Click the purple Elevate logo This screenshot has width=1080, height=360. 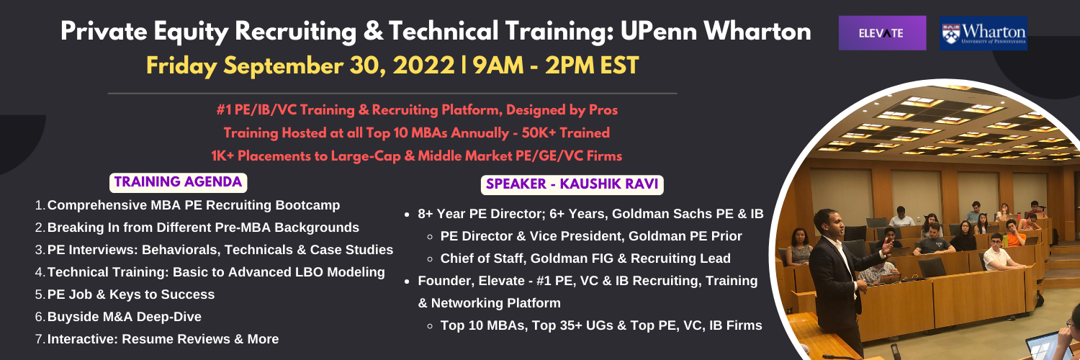882,33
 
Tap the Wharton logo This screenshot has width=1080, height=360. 983,33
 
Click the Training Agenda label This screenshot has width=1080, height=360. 178,182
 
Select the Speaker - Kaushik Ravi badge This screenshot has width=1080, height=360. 572,184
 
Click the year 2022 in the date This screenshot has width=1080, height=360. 424,66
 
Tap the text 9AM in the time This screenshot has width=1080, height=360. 498,66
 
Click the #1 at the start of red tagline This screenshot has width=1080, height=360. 224,110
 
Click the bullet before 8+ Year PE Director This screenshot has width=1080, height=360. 408,215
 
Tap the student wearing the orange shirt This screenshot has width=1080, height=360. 1015,234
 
